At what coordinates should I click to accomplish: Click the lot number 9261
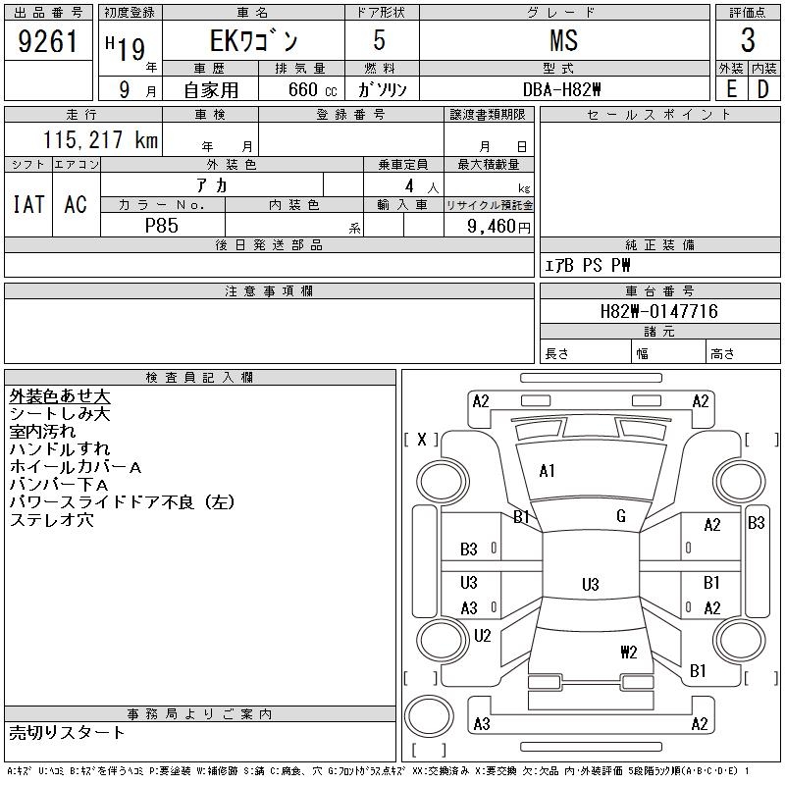tap(47, 41)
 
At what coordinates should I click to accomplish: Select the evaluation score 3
tap(748, 40)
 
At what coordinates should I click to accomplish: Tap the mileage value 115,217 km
tap(100, 140)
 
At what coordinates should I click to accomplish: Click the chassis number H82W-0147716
tap(658, 311)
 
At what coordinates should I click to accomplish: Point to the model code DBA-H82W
tap(561, 89)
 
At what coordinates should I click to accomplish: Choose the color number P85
tap(162, 226)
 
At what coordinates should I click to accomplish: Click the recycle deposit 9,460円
tap(498, 227)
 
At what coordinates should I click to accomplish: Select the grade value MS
tap(563, 40)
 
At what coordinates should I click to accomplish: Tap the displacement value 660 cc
tap(312, 89)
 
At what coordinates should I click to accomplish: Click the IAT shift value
tap(28, 204)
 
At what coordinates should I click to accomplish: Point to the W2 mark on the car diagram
tap(629, 652)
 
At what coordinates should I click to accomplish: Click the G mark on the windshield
tap(621, 516)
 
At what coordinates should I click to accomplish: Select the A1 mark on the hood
tap(547, 471)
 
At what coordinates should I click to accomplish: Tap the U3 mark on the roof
tap(591, 584)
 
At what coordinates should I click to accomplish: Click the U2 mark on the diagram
tap(483, 635)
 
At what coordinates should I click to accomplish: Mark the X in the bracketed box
tap(422, 440)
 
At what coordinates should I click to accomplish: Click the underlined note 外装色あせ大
tap(60, 396)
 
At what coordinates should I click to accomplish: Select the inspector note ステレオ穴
tap(52, 520)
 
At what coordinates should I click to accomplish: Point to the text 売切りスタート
tap(67, 733)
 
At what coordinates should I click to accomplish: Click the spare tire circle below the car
tap(429, 716)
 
